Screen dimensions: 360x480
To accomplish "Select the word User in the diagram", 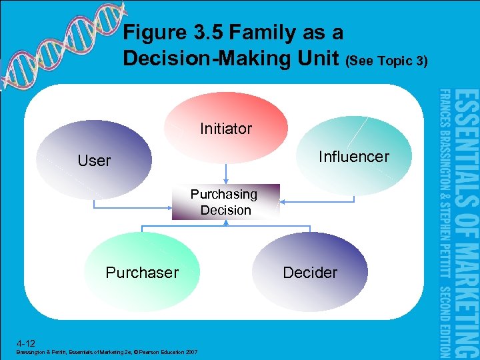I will point(94,161).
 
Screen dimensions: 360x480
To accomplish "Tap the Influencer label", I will point(353,157).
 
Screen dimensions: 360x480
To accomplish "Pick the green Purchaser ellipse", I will point(143,272).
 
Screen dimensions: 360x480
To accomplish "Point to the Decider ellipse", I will point(310,272).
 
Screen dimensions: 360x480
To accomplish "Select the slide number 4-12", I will point(27,341).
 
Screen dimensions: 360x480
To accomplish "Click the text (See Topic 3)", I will point(387,61).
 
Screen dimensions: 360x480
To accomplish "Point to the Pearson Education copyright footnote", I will point(107,351).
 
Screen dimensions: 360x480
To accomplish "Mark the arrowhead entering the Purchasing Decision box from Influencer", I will point(283,200).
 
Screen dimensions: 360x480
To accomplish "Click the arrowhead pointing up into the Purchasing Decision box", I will point(226,223).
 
